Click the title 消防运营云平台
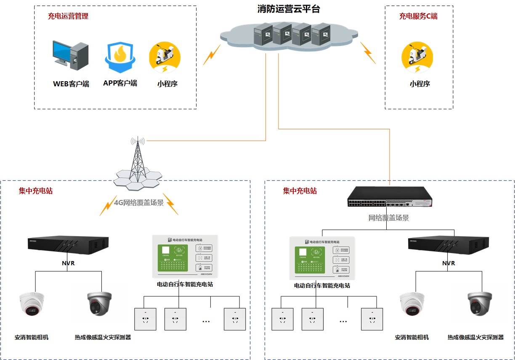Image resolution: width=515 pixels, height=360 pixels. pyautogui.click(x=289, y=9)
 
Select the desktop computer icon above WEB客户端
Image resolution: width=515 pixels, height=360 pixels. pyautogui.click(x=71, y=55)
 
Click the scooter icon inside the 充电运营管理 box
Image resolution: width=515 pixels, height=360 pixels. pyautogui.click(x=165, y=57)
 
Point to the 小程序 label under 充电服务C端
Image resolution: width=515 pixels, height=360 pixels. pyautogui.click(x=419, y=84)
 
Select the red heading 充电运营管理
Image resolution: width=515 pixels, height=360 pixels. pyautogui.click(x=68, y=17)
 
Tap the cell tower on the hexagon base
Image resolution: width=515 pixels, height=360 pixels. pyautogui.click(x=138, y=162)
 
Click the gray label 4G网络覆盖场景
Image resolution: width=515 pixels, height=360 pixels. pyautogui.click(x=139, y=203)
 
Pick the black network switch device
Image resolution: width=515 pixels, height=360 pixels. pyautogui.click(x=390, y=197)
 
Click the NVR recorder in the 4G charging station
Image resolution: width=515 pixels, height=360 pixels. pyautogui.click(x=67, y=245)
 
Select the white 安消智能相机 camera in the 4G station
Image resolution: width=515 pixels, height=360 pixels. pyautogui.click(x=32, y=304)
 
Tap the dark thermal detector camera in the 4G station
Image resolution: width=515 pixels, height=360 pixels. pyautogui.click(x=100, y=304)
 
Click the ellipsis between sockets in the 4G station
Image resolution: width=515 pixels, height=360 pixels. pyautogui.click(x=206, y=321)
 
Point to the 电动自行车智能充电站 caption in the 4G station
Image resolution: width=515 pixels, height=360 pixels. pyautogui.click(x=185, y=285)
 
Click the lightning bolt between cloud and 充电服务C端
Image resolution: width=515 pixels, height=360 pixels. pyautogui.click(x=368, y=52)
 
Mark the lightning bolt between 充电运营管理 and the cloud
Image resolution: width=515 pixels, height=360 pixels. pyautogui.click(x=212, y=55)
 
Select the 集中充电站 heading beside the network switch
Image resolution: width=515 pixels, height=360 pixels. pyautogui.click(x=300, y=191)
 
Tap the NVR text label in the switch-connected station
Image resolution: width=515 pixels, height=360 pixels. pyautogui.click(x=449, y=264)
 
